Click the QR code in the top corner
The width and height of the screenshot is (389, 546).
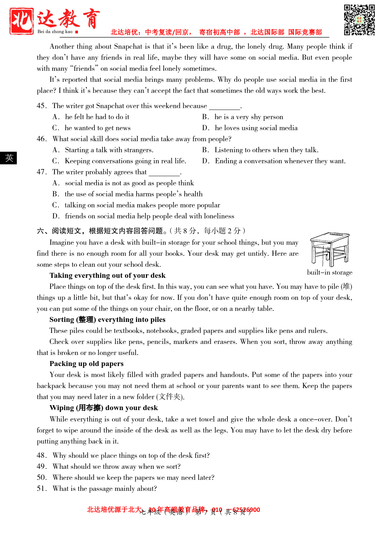pos(359,20)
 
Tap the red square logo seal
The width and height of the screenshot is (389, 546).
pos(22,21)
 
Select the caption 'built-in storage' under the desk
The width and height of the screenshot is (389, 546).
pos(330,272)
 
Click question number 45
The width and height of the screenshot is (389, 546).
pos(42,106)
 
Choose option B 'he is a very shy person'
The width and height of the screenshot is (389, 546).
pos(248,117)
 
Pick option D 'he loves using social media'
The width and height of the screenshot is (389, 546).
pos(256,128)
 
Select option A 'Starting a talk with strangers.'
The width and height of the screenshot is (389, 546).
pos(109,150)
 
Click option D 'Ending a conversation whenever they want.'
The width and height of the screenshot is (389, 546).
pos(280,161)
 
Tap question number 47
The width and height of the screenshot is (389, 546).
pos(42,172)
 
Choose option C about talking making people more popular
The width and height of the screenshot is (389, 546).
pos(142,205)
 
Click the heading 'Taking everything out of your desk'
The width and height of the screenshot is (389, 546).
pos(107,276)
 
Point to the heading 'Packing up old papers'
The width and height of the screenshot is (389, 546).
pos(86,364)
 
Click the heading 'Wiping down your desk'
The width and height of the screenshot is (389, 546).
pos(104,408)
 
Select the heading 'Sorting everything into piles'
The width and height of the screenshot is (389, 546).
pos(107,320)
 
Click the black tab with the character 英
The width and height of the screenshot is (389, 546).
pos(9,158)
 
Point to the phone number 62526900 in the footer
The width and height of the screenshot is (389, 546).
pos(246,510)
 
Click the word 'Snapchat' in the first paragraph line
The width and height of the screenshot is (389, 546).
pos(128,47)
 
